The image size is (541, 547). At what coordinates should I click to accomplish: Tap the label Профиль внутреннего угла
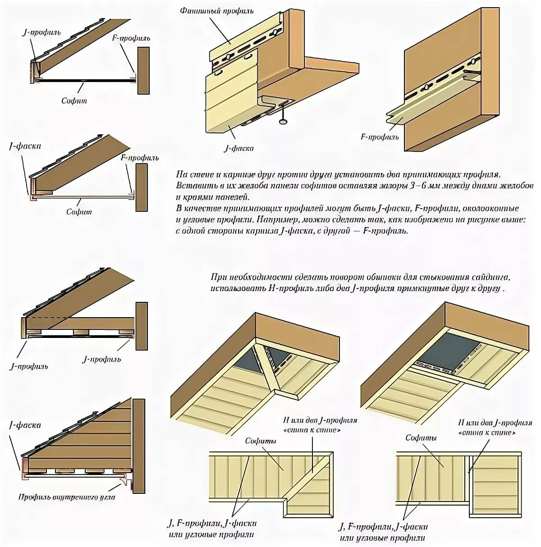coord(67,497)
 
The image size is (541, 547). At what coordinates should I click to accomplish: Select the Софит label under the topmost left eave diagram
coord(74,100)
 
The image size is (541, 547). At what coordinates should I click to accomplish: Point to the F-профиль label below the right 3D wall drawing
coord(380,136)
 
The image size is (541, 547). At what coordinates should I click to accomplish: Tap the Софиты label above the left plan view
coord(261,441)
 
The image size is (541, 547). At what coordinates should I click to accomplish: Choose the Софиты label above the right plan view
coord(421,438)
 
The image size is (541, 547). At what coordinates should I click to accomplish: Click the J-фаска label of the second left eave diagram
coord(25,146)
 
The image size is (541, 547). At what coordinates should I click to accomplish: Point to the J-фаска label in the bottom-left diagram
coord(25,425)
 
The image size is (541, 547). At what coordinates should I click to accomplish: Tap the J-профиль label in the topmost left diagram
coord(41,32)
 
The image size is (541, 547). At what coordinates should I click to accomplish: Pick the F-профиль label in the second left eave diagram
coord(140,158)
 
